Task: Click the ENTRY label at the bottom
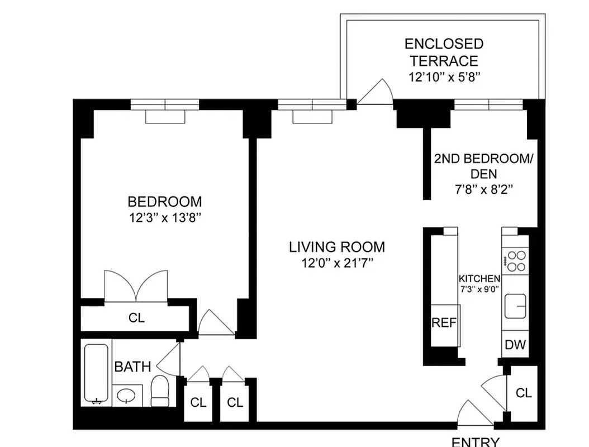point(475,441)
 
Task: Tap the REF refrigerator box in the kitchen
point(445,323)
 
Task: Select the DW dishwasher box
point(515,345)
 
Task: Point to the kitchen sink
point(515,306)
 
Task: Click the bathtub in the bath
point(96,373)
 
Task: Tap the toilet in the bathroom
point(160,391)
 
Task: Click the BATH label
point(132,367)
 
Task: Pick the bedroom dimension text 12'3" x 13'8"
point(165,217)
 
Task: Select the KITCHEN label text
point(479,278)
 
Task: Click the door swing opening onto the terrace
point(377,93)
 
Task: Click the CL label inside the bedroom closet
point(136,318)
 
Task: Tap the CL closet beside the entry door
point(523,393)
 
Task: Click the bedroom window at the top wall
point(165,104)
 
